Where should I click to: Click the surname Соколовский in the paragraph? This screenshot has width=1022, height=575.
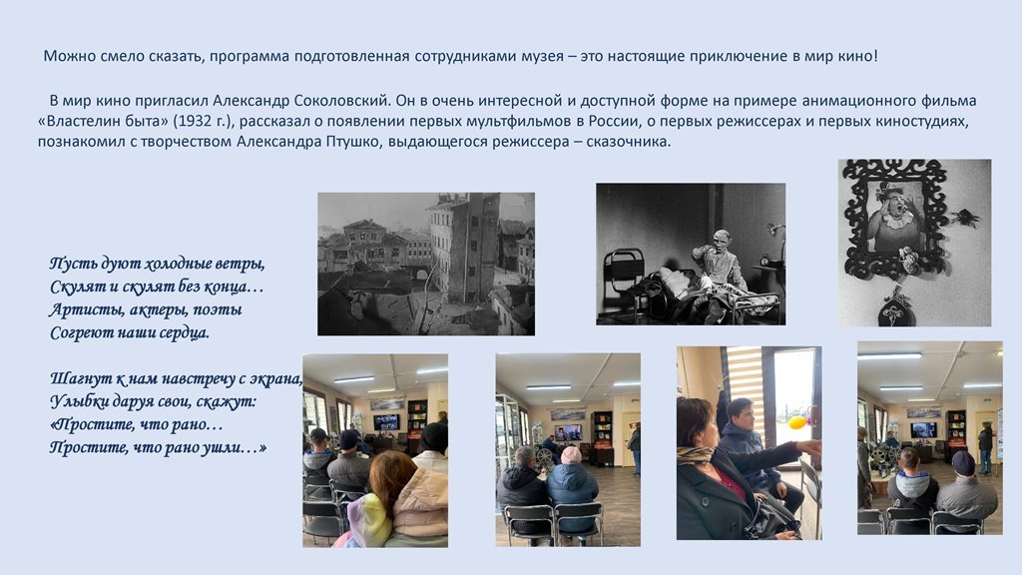click(342, 101)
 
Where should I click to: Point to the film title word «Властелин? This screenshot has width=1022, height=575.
click(73, 121)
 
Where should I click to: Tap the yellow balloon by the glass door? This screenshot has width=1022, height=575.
click(797, 422)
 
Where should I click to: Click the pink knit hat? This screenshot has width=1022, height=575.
click(571, 455)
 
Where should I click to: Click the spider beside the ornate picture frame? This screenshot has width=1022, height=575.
click(963, 219)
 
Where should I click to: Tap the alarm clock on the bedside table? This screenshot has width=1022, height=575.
click(765, 261)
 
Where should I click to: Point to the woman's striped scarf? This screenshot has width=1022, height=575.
click(695, 454)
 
